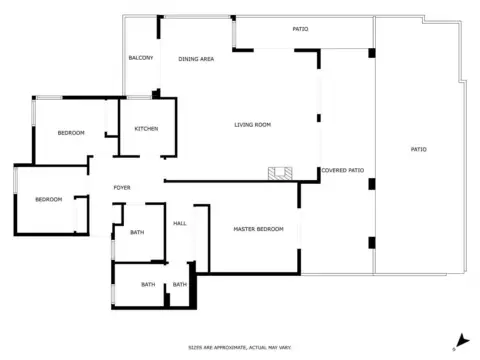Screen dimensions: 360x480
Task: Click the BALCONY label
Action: click(x=141, y=58)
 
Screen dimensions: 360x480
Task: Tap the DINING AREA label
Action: click(x=196, y=59)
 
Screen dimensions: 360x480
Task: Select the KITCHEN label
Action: click(x=146, y=128)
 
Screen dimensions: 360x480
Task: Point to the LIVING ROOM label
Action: click(x=254, y=125)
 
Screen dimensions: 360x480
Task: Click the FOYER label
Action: click(x=122, y=188)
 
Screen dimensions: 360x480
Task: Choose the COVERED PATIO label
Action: click(x=342, y=170)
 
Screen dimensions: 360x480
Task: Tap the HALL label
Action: click(x=180, y=223)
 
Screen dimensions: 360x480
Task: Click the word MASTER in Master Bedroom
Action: click(x=246, y=229)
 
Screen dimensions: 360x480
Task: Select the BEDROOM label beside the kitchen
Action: click(x=71, y=133)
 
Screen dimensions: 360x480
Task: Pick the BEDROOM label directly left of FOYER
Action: click(x=49, y=199)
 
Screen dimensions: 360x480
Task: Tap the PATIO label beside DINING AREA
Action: click(x=300, y=29)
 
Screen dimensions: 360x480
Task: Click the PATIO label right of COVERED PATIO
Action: click(x=418, y=149)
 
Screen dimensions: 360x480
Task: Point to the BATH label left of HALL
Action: click(x=137, y=233)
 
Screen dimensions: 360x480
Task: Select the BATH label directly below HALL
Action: click(x=179, y=285)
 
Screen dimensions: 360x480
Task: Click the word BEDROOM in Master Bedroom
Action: click(x=271, y=229)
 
